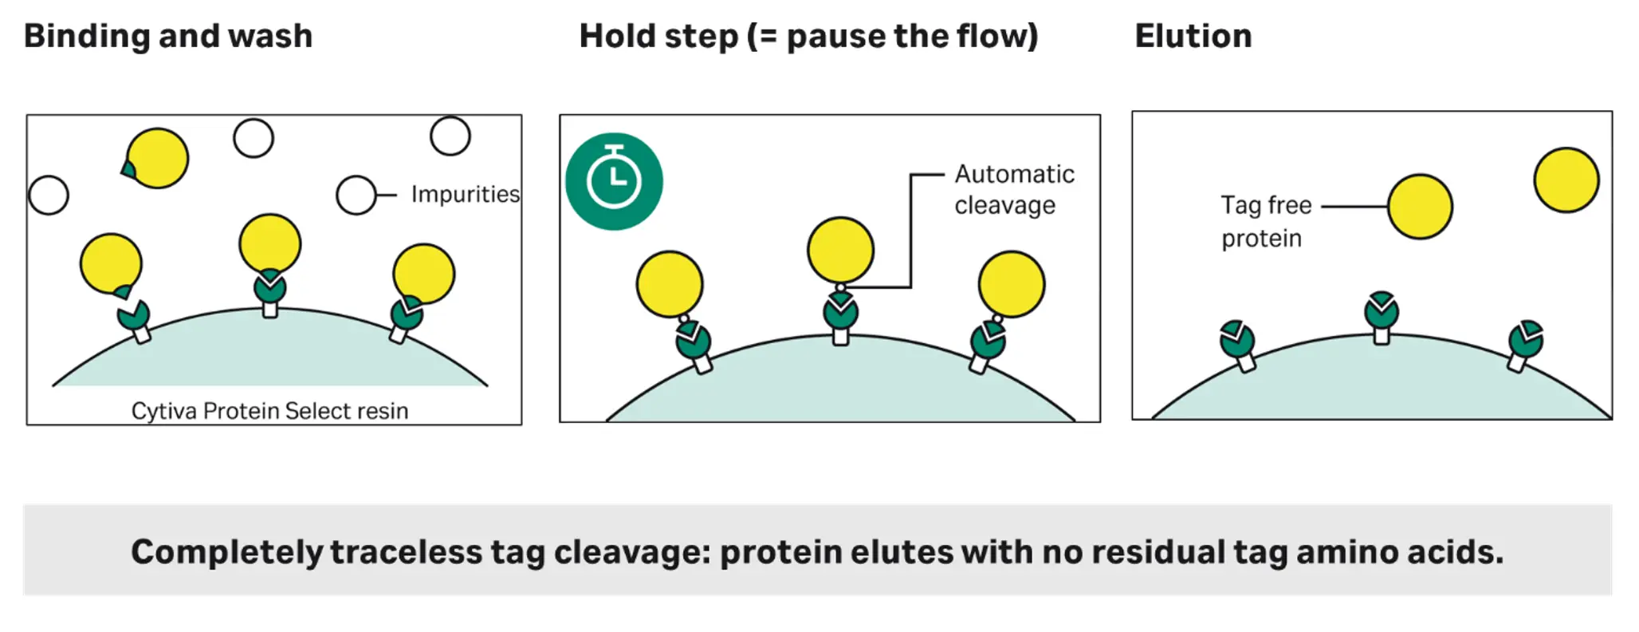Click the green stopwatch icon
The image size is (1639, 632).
click(614, 181)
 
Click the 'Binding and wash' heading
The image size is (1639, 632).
click(168, 36)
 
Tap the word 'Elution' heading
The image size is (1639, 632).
click(1193, 36)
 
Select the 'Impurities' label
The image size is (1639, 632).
click(465, 194)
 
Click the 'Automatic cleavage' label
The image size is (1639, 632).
click(1013, 190)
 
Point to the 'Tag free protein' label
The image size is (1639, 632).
click(1265, 221)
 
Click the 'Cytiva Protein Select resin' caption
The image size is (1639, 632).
click(269, 410)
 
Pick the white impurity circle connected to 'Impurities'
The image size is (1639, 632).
click(356, 195)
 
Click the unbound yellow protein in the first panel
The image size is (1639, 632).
click(157, 158)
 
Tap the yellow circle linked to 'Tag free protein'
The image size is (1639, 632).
click(1420, 207)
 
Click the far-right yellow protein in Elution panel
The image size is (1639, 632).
click(1566, 180)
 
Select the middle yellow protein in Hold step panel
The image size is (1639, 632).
click(840, 250)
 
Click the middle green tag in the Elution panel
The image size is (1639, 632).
click(1381, 311)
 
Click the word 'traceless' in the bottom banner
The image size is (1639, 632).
click(406, 552)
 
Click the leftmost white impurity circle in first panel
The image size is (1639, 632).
click(49, 195)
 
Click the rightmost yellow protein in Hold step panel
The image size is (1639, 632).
click(1011, 284)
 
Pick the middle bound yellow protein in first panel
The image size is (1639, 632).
click(269, 243)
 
